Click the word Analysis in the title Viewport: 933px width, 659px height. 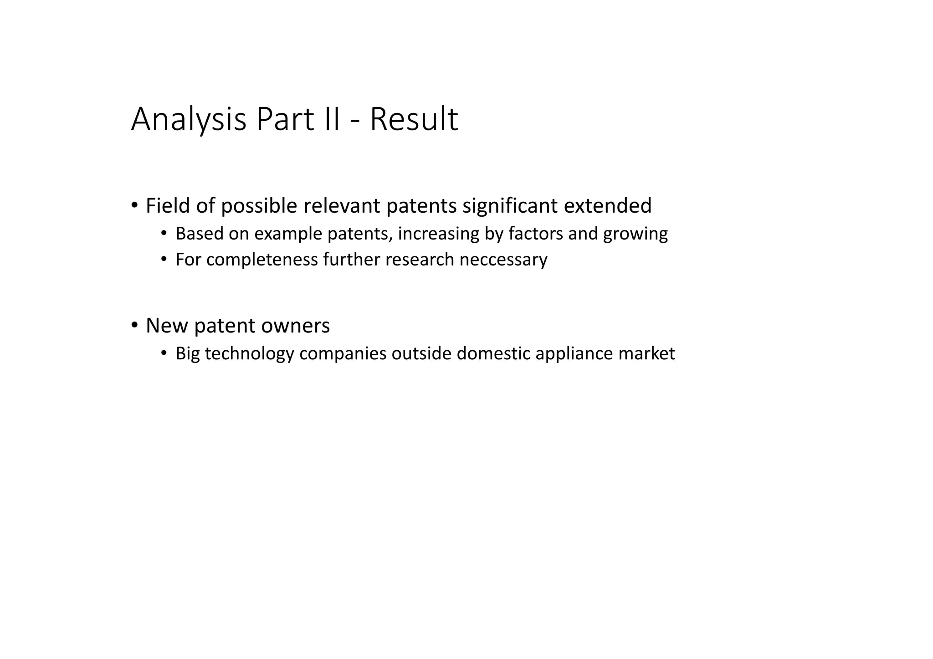[x=189, y=119]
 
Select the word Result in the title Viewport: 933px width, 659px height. [x=414, y=119]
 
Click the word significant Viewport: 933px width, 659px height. [x=510, y=206]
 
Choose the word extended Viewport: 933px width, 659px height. [x=607, y=206]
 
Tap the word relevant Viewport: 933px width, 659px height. [x=342, y=206]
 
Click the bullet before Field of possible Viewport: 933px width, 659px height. [x=134, y=205]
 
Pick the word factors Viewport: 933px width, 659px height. [x=535, y=234]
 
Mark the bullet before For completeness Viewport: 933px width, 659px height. [x=164, y=259]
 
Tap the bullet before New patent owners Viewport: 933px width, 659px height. [x=134, y=325]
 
